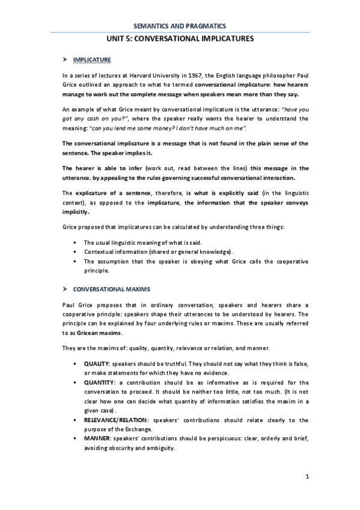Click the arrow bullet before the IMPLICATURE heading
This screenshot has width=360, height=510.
[65, 59]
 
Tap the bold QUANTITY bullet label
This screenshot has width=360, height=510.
[99, 382]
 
